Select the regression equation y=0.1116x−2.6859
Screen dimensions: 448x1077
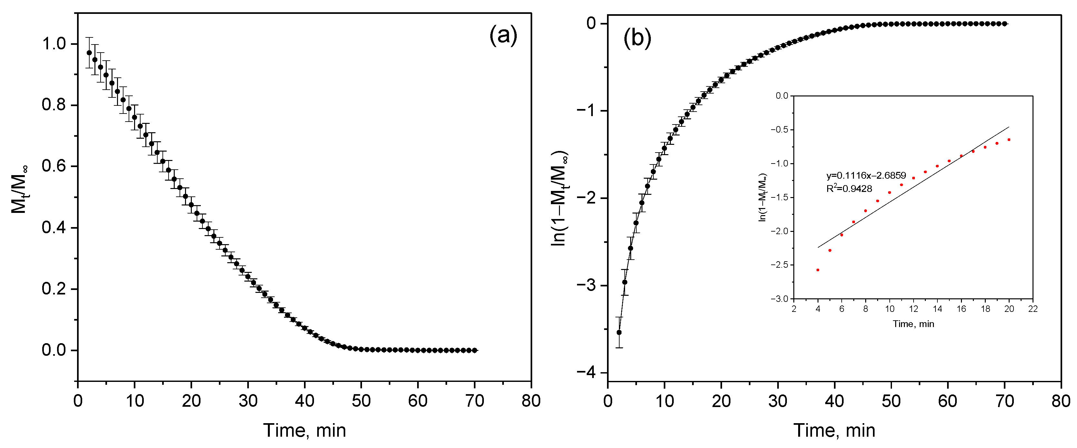point(866,176)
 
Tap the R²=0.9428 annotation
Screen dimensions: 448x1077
point(849,189)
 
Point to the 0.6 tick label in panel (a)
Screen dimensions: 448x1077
point(54,166)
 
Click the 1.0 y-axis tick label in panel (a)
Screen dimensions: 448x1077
point(54,44)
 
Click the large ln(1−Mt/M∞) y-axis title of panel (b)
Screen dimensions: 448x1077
point(559,198)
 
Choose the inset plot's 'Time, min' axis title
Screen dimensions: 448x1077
point(913,324)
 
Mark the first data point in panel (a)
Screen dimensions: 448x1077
point(89,53)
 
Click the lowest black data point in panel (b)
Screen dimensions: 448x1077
point(619,333)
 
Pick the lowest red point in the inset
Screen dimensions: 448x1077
point(818,270)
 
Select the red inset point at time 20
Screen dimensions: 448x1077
point(1009,140)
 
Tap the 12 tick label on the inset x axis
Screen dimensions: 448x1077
point(913,309)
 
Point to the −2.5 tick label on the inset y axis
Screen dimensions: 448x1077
point(779,265)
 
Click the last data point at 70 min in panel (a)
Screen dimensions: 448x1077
point(475,350)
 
